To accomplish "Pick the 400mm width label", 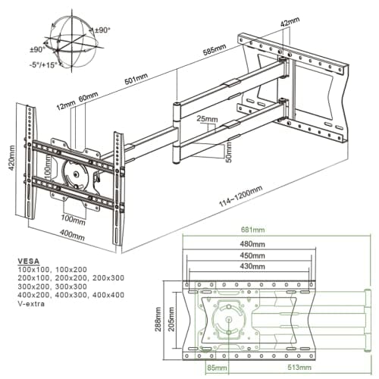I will click(x=71, y=234).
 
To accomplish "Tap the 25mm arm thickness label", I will click(x=205, y=119).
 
